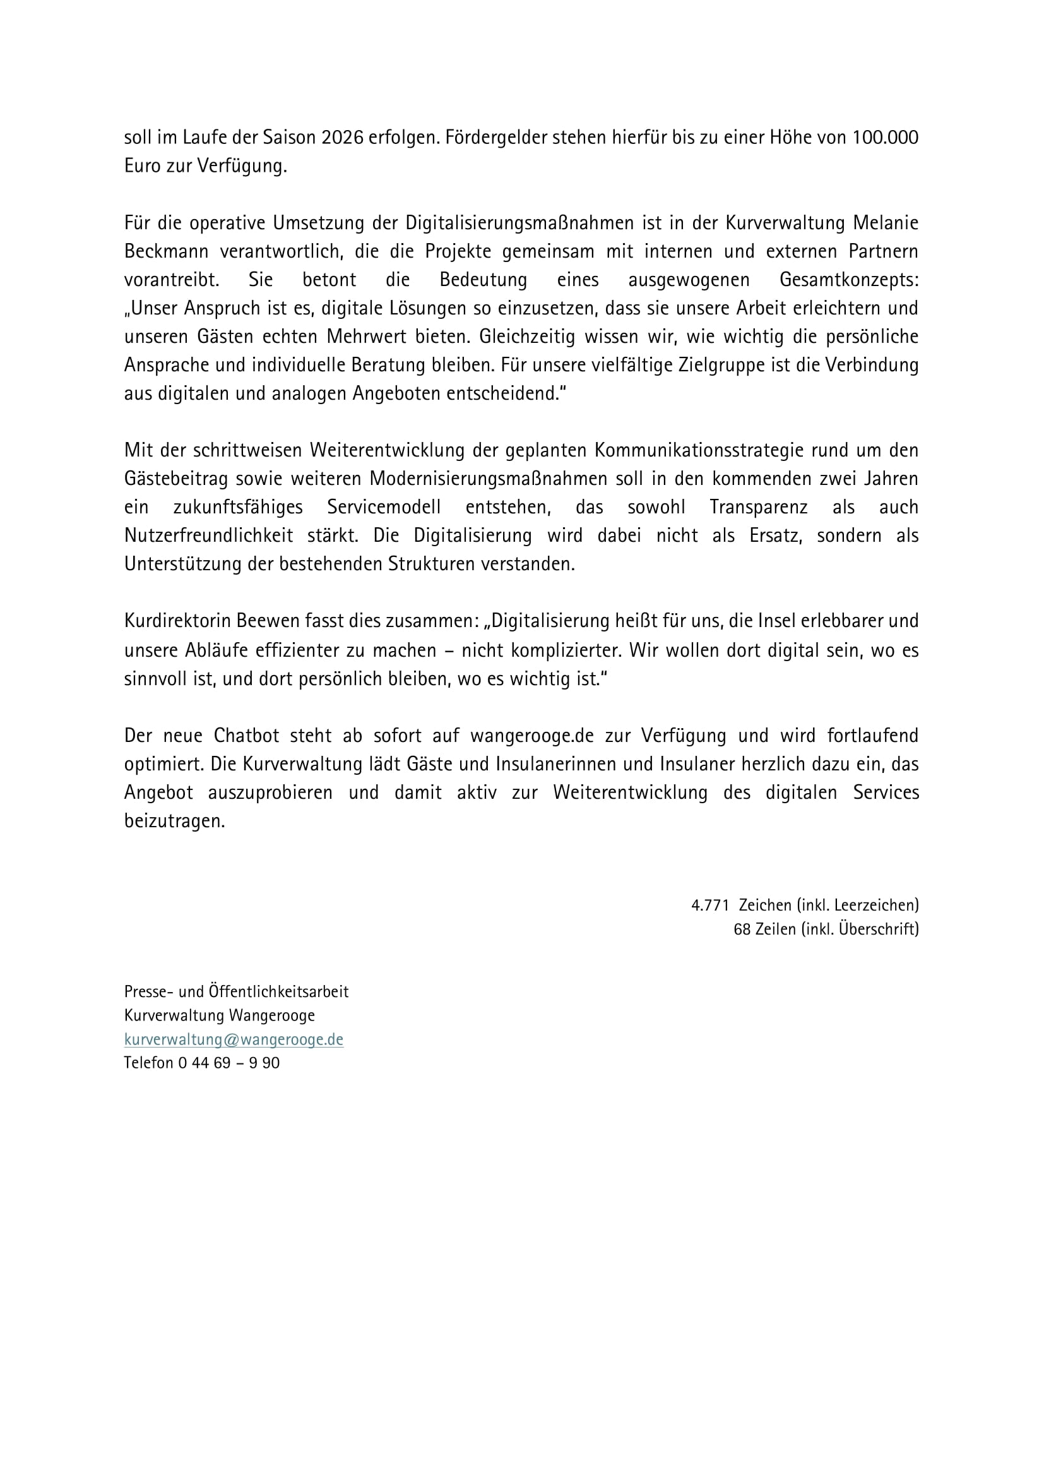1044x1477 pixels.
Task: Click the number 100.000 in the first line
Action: point(886,138)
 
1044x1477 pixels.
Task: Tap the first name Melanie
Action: point(885,222)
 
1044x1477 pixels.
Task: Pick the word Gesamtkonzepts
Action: point(848,280)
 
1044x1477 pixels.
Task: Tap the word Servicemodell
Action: point(384,507)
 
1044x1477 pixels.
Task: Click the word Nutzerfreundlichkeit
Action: point(209,535)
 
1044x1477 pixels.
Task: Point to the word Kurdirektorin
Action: point(178,621)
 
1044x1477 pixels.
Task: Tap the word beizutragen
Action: point(174,821)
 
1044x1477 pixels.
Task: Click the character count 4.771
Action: point(710,905)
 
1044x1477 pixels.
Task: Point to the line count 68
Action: point(742,929)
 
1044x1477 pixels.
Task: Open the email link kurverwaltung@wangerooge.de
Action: point(234,1039)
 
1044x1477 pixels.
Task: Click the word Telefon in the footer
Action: point(148,1063)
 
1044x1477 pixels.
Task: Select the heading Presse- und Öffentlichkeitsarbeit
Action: point(236,991)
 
